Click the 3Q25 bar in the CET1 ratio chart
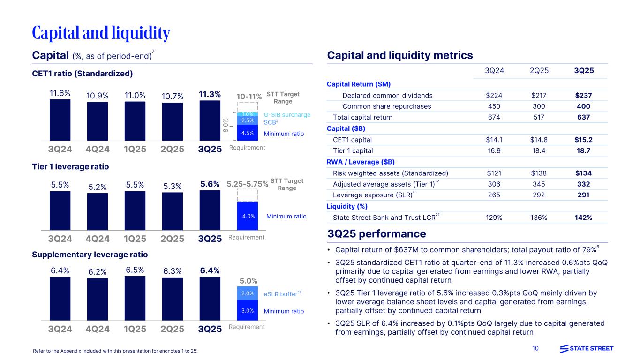(210, 120)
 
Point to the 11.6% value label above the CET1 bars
(60, 93)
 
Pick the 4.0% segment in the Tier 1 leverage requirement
(248, 216)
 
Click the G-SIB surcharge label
(287, 114)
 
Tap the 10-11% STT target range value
(248, 97)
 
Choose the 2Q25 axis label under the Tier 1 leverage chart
(172, 238)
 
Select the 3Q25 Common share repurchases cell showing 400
(584, 106)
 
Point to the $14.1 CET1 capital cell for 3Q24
(496, 140)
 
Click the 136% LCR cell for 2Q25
(539, 217)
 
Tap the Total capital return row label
(362, 117)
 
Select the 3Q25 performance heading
(377, 234)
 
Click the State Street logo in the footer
(587, 348)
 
